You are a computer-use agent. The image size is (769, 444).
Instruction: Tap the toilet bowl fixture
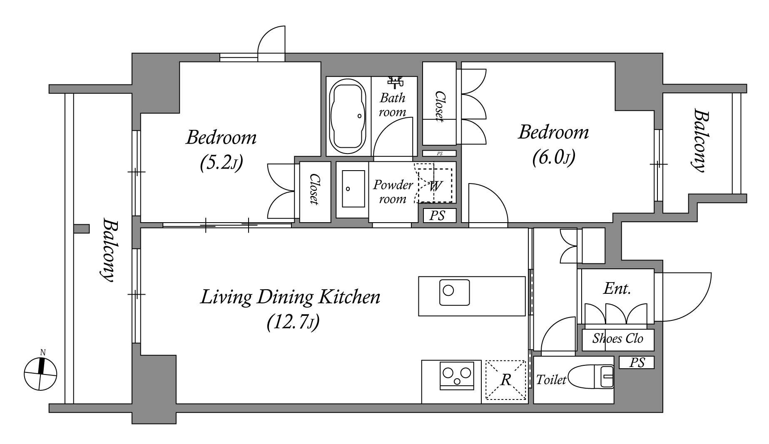pos(591,377)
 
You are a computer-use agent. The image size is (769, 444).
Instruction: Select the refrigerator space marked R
pos(506,380)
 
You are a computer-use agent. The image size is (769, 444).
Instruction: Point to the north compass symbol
pos(40,371)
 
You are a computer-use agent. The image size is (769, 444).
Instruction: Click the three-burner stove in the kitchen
pos(457,376)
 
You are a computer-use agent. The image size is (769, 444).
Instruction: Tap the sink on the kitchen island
pos(454,292)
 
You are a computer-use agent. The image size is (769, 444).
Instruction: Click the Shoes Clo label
pos(618,338)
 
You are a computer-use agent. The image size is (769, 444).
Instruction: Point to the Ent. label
pos(617,288)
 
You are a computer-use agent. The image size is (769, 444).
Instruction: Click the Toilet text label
pos(551,380)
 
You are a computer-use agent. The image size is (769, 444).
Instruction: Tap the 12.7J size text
pos(293,322)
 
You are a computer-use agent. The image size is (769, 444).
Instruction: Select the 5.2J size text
pos(221,163)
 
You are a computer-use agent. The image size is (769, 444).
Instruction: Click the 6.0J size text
pos(554,158)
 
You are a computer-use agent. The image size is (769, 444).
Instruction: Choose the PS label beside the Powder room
pos(437,216)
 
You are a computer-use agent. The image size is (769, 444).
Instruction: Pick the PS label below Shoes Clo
pos(637,362)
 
